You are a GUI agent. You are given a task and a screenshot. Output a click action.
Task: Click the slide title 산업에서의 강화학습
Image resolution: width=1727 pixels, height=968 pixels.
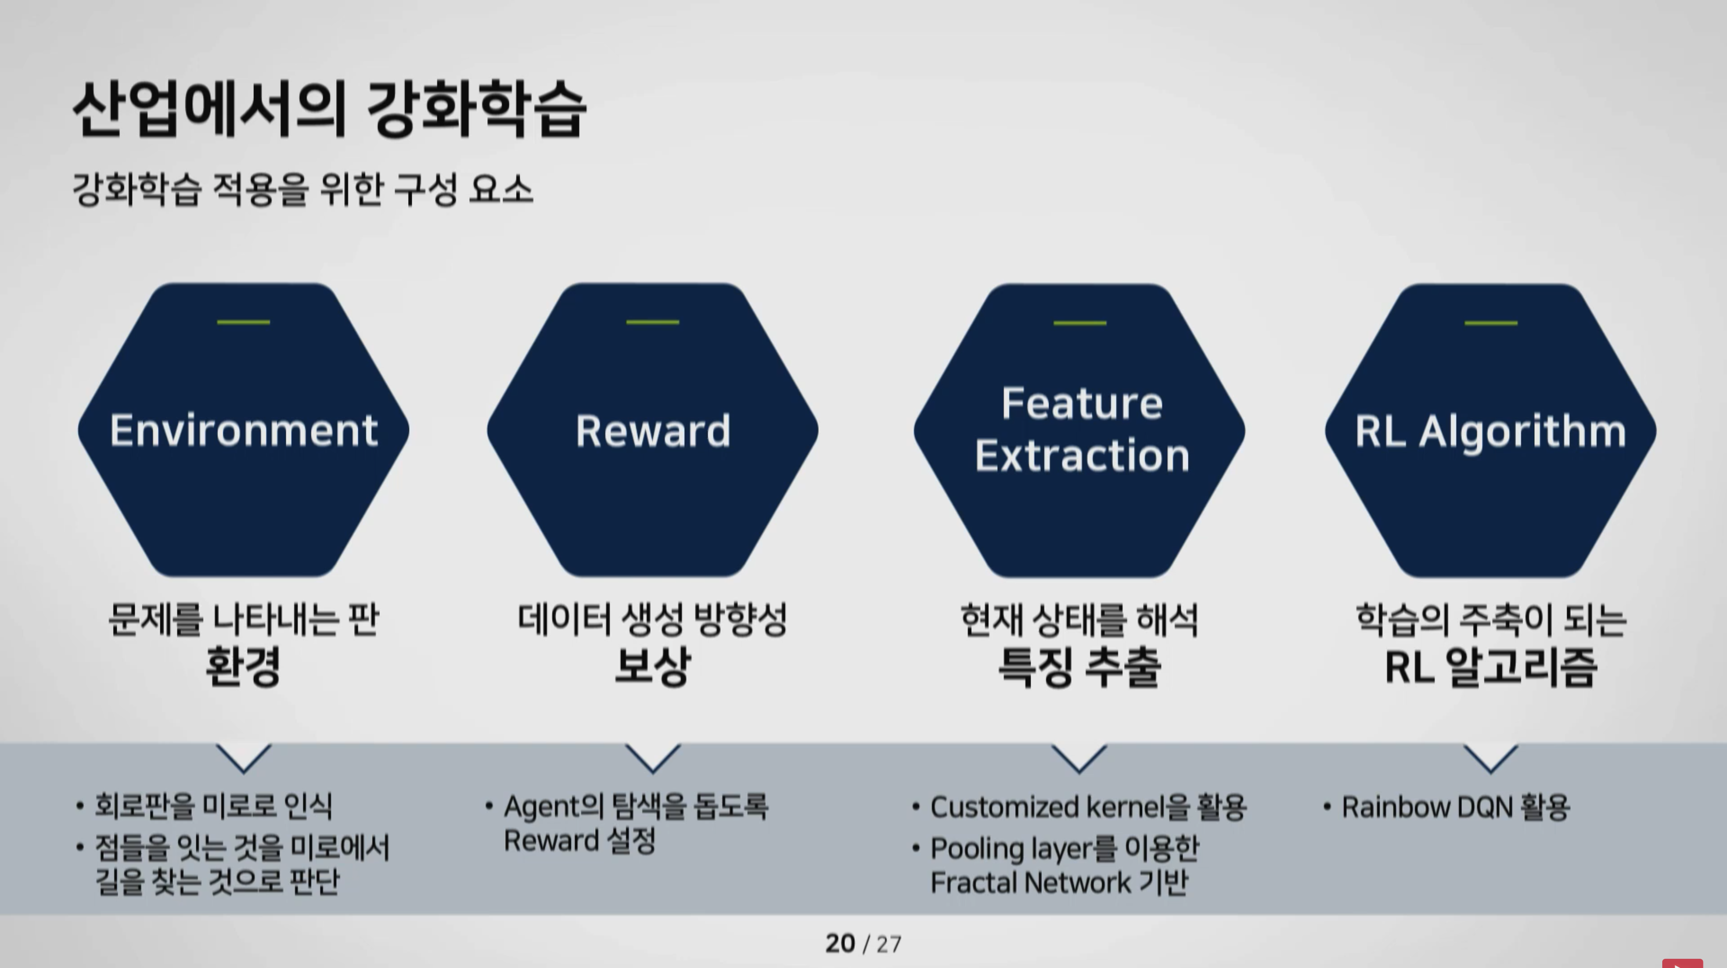(x=329, y=109)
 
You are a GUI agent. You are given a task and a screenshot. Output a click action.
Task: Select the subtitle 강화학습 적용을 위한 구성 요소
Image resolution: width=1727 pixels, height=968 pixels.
(x=302, y=189)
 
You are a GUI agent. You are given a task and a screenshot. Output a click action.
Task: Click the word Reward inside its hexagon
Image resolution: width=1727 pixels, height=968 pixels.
(x=653, y=431)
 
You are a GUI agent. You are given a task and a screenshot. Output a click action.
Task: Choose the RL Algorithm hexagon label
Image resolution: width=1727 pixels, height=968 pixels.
(x=1491, y=432)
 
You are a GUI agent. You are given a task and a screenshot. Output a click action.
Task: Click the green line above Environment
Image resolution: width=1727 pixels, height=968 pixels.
(x=243, y=323)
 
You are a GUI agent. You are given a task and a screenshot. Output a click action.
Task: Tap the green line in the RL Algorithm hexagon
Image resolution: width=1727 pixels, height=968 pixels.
(x=1491, y=323)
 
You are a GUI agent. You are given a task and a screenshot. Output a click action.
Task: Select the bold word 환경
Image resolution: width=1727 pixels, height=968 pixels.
(x=243, y=666)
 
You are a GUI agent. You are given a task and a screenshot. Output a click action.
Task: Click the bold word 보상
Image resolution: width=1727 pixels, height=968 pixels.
(x=652, y=666)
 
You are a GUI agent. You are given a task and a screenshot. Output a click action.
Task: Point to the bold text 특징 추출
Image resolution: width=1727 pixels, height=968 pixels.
(x=1079, y=667)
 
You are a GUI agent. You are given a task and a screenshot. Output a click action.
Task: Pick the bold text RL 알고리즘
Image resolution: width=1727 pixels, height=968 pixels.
(x=1491, y=667)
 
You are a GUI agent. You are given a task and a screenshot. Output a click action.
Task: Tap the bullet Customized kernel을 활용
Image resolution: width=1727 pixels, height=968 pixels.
(x=1089, y=807)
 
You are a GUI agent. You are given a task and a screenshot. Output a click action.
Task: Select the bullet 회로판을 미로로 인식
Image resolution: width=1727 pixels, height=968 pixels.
(x=213, y=806)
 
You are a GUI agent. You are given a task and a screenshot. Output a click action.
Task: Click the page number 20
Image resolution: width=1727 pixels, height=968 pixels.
(x=840, y=944)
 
